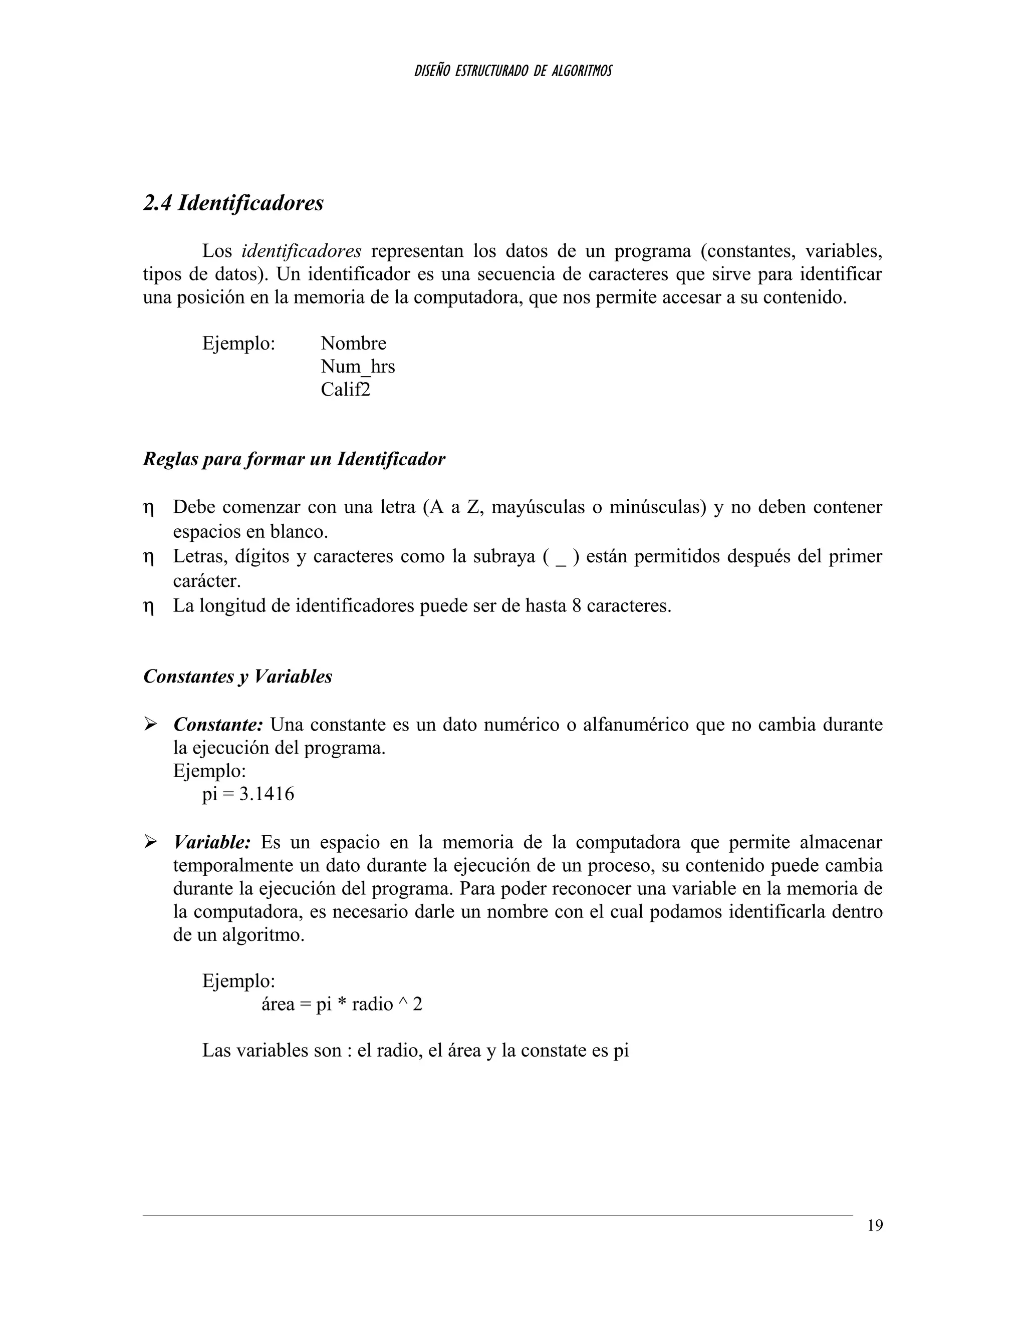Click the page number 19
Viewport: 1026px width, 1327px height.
pos(875,1225)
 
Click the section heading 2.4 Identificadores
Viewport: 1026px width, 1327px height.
pos(233,203)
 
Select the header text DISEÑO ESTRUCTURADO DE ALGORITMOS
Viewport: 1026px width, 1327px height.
pos(512,71)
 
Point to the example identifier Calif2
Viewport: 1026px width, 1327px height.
pos(345,390)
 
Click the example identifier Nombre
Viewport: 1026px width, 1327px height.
pos(353,344)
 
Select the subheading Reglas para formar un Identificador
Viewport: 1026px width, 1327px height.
pos(294,459)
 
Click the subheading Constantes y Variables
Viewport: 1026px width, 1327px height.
pos(237,676)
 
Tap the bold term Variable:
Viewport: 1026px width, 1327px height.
pos(211,842)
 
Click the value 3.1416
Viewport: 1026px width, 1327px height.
pos(266,794)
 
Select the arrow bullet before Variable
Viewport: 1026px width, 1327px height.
pos(150,842)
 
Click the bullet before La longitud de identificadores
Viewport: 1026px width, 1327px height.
pos(148,607)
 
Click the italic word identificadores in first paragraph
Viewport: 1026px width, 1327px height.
pos(302,251)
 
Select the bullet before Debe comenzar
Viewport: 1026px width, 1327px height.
pos(148,508)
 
